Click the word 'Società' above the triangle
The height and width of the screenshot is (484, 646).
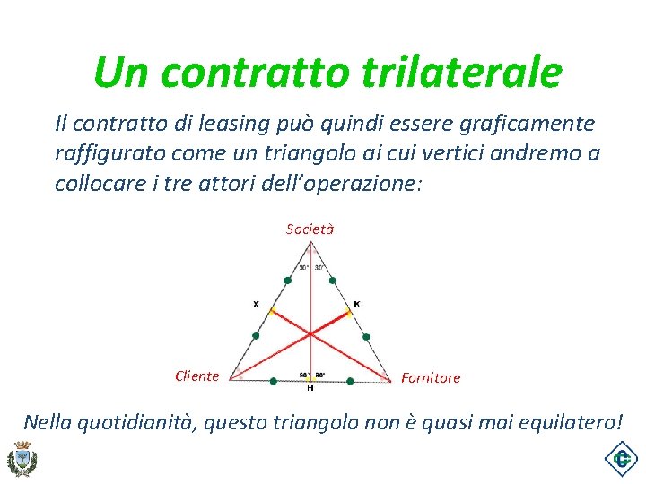(x=310, y=229)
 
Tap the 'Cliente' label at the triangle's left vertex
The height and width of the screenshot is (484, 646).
(x=196, y=376)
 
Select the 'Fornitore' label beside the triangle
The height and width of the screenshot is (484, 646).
(x=431, y=378)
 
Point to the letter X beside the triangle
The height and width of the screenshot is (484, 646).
(x=256, y=304)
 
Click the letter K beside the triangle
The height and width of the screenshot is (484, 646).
(x=357, y=304)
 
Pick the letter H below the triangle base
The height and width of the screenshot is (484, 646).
(x=310, y=387)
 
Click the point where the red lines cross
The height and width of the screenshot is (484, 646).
(x=310, y=334)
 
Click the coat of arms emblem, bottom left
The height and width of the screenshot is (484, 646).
(x=21, y=459)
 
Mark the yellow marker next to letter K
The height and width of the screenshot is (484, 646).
(x=349, y=312)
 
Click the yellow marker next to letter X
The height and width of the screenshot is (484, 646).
(x=271, y=312)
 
